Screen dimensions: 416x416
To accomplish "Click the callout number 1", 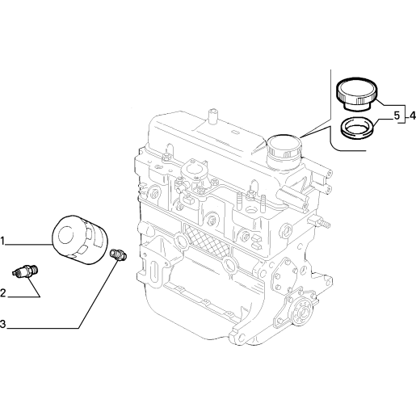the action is [2, 242].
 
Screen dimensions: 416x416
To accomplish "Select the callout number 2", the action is [3, 293].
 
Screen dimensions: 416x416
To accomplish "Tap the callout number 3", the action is [2, 324].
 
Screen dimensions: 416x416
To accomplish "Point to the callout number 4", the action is [412, 116].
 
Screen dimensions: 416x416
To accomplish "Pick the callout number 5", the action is [397, 116].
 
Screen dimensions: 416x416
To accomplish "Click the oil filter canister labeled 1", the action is [80, 240].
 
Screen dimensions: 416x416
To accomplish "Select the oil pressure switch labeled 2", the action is [26, 271].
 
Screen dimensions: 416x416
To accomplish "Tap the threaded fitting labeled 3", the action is [119, 254].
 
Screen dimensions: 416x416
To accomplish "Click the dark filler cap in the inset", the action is [357, 94].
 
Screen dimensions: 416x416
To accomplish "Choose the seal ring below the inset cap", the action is [357, 128].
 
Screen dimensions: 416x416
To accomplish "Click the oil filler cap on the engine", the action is [284, 151].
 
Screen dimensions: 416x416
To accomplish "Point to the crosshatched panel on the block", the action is [207, 239].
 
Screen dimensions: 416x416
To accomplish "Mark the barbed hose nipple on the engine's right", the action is [321, 222].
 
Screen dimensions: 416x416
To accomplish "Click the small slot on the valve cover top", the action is [235, 132].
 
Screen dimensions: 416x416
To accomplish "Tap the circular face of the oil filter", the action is [66, 235].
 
